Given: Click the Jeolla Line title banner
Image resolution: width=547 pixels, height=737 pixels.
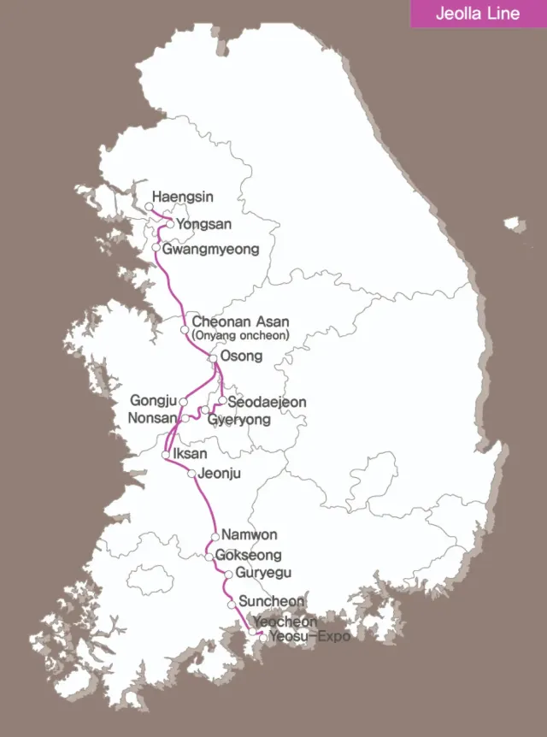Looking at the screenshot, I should (478, 14).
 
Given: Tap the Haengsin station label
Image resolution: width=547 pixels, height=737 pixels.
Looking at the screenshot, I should (183, 197).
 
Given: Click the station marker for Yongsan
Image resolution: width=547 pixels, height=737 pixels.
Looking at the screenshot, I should (169, 224).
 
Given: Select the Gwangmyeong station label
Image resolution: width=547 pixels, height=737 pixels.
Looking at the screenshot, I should (210, 250).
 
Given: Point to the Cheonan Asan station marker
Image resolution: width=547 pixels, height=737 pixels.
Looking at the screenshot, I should (185, 329).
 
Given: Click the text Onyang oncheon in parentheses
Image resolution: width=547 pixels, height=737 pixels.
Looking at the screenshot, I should (241, 336).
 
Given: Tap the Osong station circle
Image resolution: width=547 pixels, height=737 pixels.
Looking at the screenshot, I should (213, 358).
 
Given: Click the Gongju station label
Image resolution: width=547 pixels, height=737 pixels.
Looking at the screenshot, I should (153, 400).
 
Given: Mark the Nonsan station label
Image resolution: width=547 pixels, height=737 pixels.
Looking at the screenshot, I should (152, 418).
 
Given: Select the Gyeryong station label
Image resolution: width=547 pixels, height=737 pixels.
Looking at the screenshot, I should (239, 420).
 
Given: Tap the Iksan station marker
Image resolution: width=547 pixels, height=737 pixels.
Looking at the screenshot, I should (166, 456).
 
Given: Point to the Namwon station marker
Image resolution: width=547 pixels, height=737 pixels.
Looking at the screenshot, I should (215, 537).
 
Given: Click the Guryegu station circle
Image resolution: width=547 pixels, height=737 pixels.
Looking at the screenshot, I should (228, 574).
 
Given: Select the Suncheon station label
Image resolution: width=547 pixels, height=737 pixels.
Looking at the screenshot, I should (271, 602).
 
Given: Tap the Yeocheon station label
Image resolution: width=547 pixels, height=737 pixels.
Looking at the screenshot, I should (285, 622).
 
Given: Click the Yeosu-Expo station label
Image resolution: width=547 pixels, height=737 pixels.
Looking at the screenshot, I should (309, 637).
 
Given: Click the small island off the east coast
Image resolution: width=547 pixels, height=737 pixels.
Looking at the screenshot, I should (514, 225).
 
